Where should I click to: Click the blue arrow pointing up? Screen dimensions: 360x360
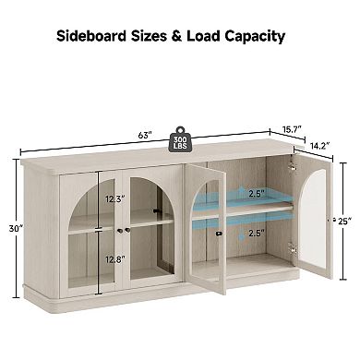pos(240,193)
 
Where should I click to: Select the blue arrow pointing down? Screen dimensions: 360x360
pos(240,232)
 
